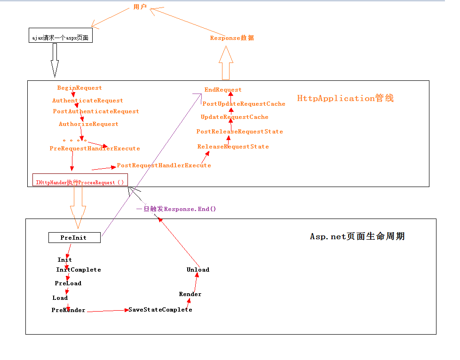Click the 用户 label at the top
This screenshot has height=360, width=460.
140,7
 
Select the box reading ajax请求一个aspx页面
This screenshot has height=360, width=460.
61,35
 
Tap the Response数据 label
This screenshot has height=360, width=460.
232,38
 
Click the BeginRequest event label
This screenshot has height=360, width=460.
79,88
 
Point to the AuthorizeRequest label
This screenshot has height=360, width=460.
88,124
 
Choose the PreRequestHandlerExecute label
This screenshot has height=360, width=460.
95,149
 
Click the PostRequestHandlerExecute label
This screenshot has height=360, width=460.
164,165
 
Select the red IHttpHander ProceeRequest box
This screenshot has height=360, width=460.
80,180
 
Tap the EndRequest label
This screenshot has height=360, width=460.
223,90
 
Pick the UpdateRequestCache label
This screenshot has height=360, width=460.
234,117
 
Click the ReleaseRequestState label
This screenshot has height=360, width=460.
233,147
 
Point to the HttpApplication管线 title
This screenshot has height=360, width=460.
345,98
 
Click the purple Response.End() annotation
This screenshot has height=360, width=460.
176,209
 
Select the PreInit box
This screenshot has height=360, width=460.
74,237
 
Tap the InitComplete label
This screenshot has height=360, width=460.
79,270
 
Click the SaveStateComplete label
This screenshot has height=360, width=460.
160,310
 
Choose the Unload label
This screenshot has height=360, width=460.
198,270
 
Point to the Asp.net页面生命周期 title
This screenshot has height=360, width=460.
357,236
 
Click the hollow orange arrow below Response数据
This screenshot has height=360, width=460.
226,63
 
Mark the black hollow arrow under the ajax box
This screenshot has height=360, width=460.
55,60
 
